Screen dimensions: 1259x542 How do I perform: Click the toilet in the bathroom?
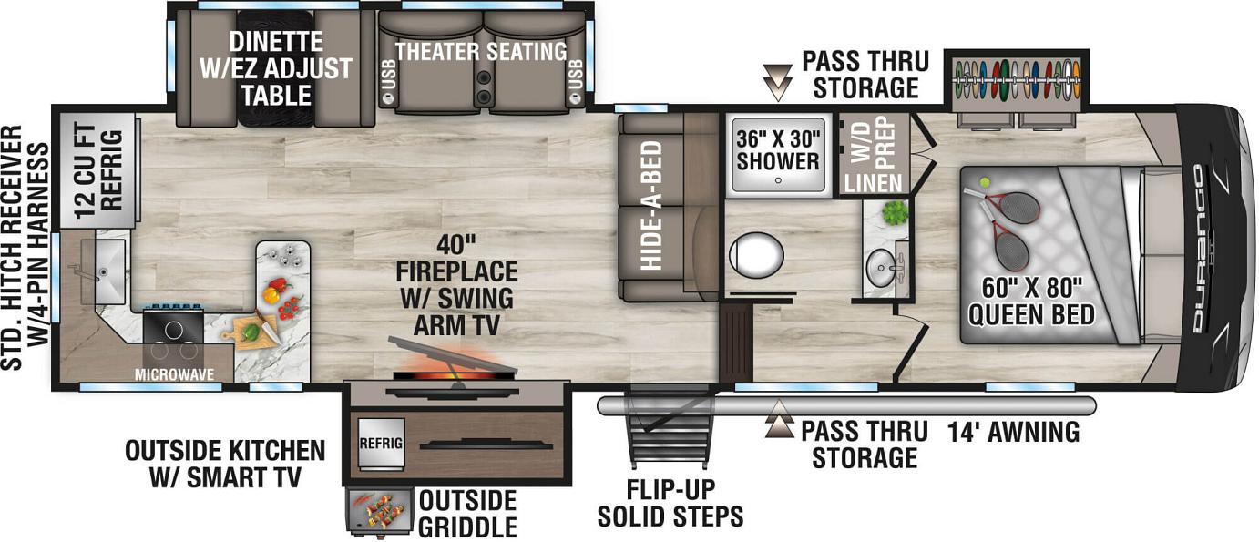pos(756,255)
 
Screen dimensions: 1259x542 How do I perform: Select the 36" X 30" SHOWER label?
pos(778,150)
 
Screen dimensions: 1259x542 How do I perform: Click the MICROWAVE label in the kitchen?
pos(174,374)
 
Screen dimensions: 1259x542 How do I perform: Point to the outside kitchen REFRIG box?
pos(381,444)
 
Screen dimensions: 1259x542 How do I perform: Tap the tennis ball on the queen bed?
pos(984,183)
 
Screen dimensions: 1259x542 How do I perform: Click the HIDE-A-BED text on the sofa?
pos(650,205)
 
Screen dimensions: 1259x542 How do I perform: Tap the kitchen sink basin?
pos(103,271)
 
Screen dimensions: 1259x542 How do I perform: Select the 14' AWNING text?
pos(1013,433)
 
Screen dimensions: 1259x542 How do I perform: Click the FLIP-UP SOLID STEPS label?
pos(670,503)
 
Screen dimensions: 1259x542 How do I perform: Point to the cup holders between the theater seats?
pos(484,87)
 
